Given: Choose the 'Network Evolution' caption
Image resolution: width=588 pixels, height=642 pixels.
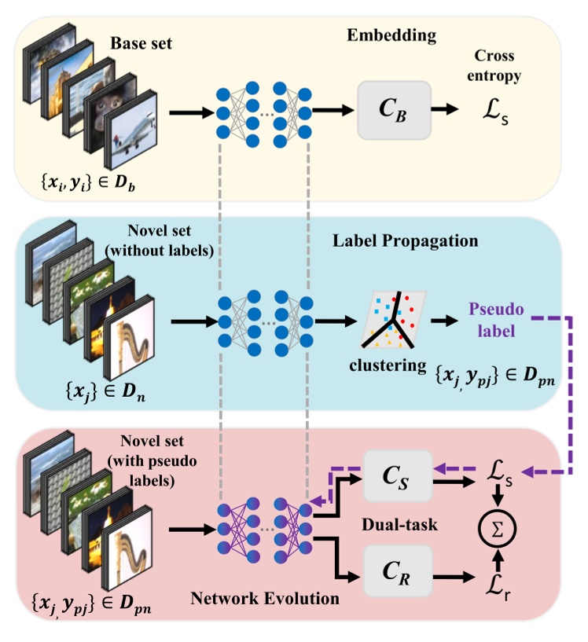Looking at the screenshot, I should tap(265, 599).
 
